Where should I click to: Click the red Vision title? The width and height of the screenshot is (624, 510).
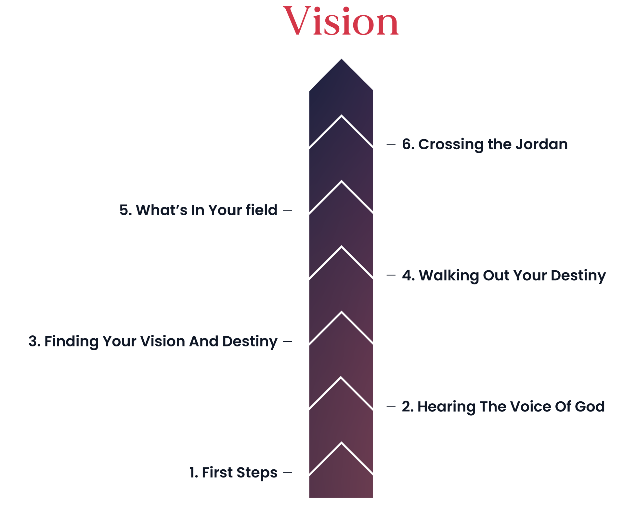341,21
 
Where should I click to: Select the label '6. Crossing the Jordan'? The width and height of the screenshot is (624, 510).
485,144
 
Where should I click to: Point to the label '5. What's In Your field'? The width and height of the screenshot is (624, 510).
198,210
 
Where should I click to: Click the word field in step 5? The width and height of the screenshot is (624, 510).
261,210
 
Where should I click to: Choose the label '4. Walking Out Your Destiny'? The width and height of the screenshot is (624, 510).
504,275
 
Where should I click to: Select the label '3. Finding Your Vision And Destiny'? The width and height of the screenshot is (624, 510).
153,342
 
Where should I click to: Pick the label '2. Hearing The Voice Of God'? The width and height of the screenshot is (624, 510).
503,407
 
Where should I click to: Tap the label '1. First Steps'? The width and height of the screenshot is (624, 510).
233,473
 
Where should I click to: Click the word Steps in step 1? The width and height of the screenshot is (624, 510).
257,473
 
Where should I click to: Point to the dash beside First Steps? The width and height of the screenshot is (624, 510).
288,472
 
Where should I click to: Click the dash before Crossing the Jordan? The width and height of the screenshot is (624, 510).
391,144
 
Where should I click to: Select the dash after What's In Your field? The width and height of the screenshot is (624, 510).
288,211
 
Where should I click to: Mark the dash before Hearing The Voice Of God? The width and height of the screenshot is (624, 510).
391,406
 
